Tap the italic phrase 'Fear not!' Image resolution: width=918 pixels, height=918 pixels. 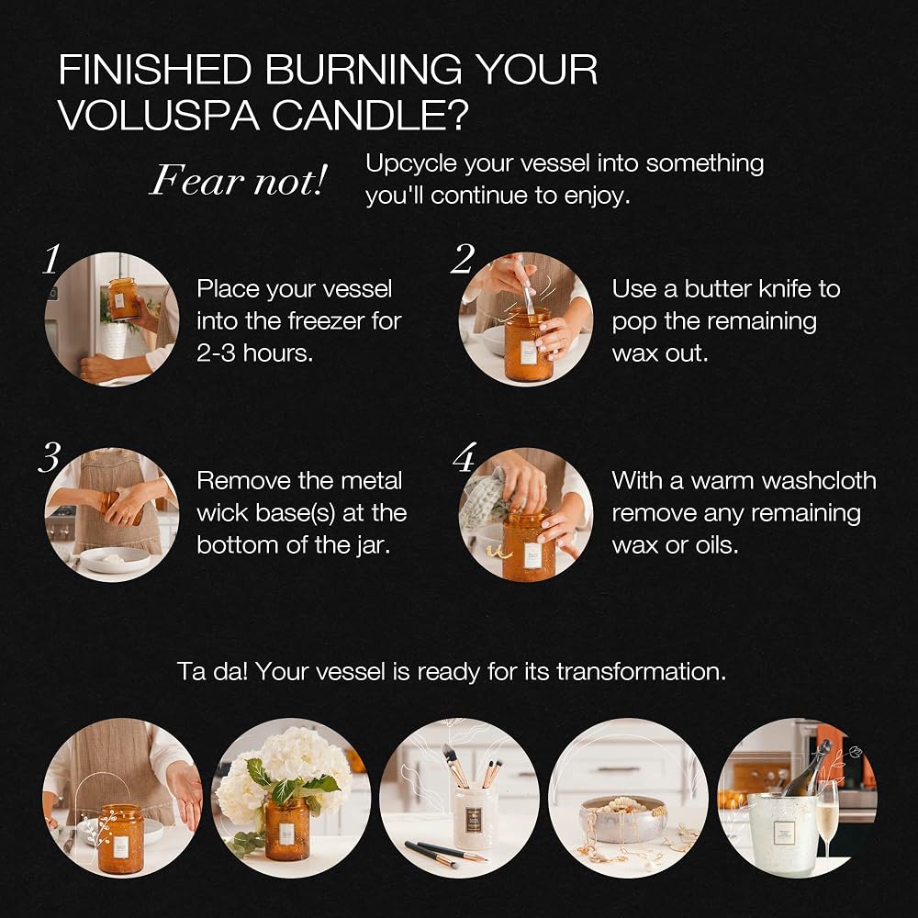[x=238, y=180]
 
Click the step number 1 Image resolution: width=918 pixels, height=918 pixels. [x=51, y=259]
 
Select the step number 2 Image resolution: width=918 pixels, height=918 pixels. [x=463, y=259]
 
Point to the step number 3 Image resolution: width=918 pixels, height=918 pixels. [x=50, y=457]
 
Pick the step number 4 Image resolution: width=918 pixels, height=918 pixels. [x=465, y=457]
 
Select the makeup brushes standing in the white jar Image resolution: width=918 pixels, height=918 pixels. [x=471, y=767]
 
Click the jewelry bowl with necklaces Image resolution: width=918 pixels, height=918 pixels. [x=624, y=818]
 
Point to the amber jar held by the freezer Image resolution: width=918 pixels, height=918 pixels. [x=124, y=298]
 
